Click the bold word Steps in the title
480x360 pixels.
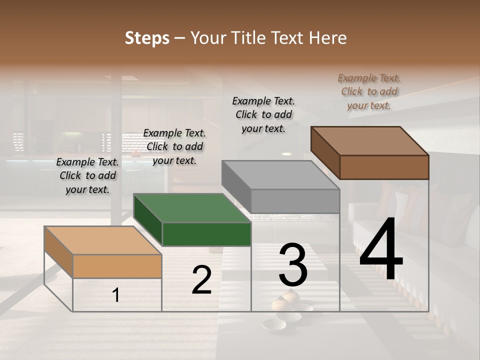click(147, 38)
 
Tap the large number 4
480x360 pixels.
click(381, 250)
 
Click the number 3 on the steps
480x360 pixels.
click(293, 265)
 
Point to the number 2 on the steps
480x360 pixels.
click(201, 280)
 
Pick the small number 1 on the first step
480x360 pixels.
click(116, 295)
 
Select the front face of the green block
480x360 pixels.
click(206, 234)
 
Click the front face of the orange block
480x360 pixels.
click(117, 266)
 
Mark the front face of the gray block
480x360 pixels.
click(295, 201)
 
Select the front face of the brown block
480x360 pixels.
click(384, 167)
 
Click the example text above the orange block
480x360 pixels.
click(87, 176)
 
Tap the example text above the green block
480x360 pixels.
click(174, 147)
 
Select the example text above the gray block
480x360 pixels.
click(263, 114)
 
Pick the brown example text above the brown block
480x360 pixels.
click(369, 92)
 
